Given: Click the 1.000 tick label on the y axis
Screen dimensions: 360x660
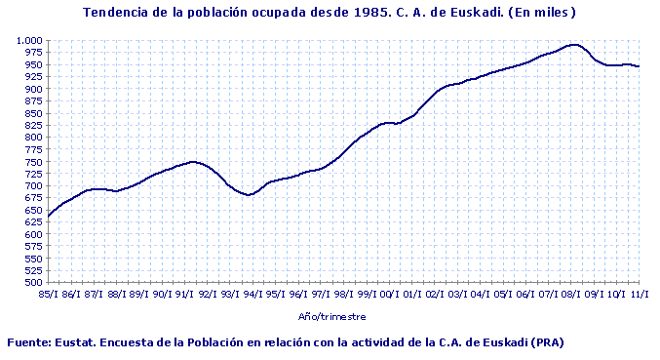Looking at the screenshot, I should (29, 40).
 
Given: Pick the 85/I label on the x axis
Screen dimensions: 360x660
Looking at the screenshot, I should (47, 293).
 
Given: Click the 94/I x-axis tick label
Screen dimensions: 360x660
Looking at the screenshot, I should (252, 293).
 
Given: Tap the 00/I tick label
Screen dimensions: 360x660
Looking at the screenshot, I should (388, 293).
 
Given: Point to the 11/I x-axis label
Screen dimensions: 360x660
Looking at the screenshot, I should (640, 293).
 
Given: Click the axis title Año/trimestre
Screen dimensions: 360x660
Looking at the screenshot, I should (331, 316).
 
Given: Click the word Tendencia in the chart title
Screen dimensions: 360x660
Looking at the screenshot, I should (118, 13).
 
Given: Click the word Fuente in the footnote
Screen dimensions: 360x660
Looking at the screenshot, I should (29, 342).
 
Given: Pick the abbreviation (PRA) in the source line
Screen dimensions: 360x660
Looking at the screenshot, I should (547, 342).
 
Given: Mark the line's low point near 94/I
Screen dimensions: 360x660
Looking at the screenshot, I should (249, 195).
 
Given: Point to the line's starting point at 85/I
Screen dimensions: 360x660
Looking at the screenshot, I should (48, 217).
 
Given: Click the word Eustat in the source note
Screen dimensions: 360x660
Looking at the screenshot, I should (79, 342).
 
